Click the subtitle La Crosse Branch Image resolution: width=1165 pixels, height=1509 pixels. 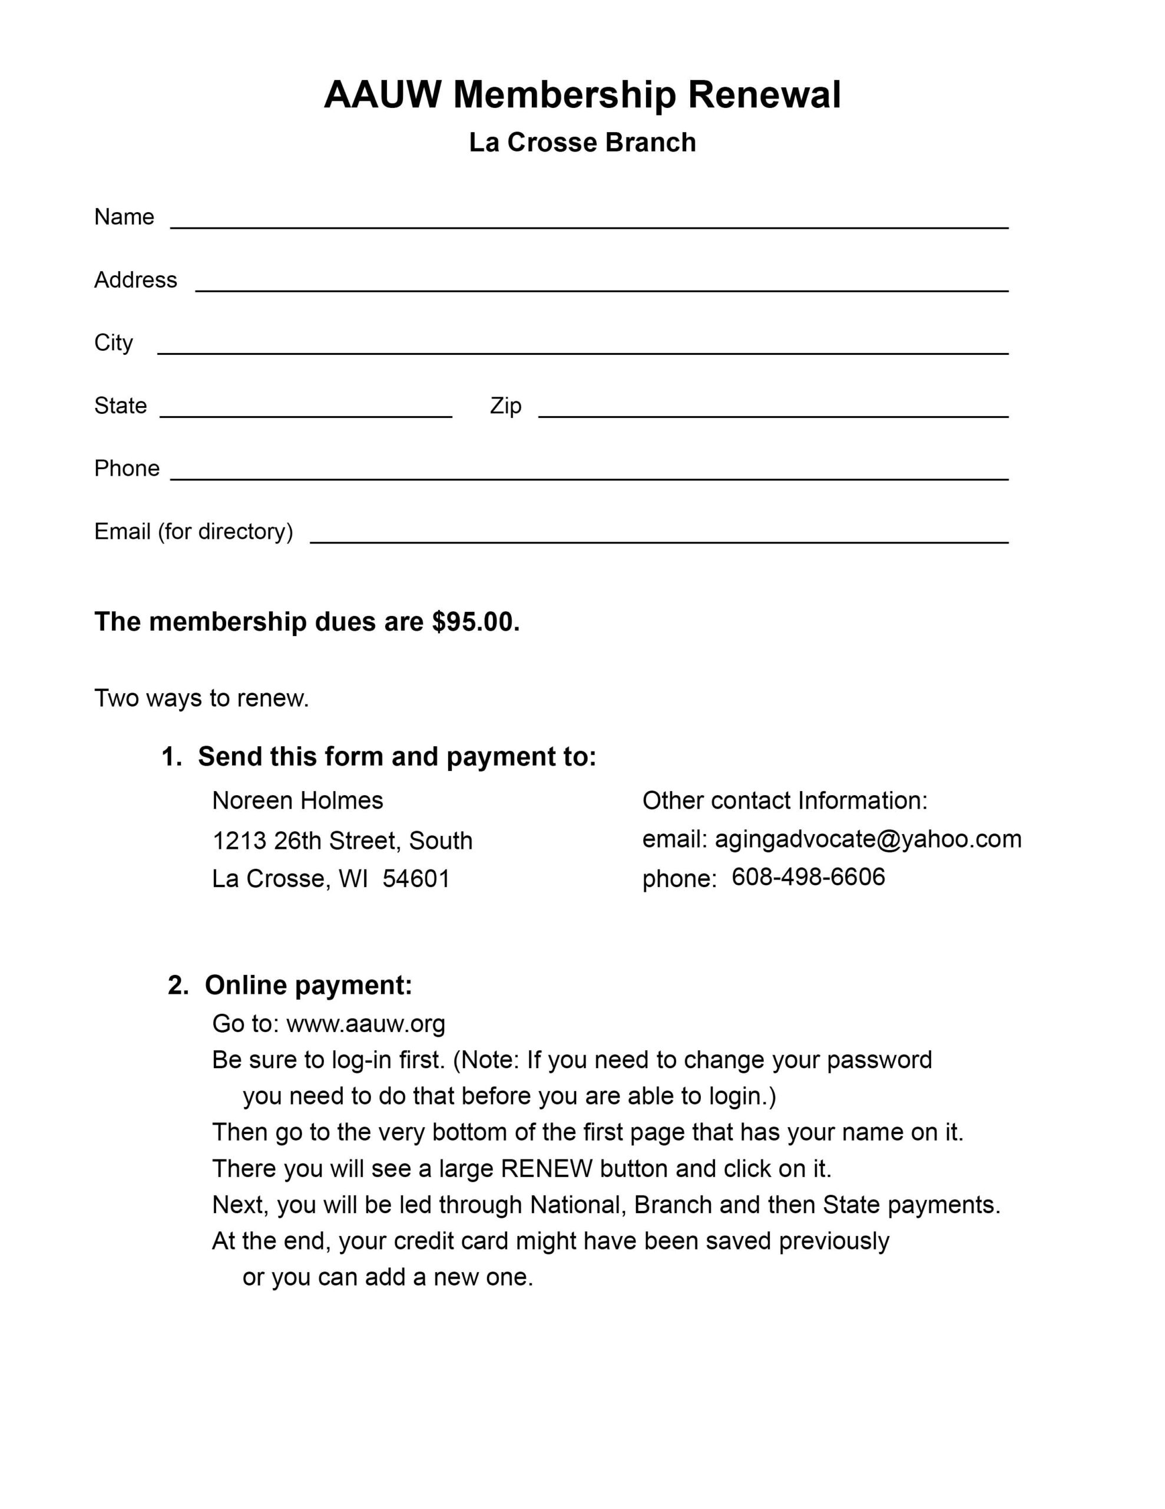(582, 142)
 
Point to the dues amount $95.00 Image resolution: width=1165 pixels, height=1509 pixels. (475, 622)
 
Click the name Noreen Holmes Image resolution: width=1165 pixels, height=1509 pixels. (297, 801)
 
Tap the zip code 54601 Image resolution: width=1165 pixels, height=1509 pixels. (416, 879)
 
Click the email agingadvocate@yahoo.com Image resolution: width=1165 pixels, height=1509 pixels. (868, 839)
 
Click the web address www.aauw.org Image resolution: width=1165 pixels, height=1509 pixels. (366, 1023)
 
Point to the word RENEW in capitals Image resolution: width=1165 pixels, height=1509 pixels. (547, 1168)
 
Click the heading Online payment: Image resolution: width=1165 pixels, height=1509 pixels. (309, 986)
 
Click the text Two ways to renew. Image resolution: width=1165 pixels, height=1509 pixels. (201, 699)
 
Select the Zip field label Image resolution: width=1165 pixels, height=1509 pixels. (505, 406)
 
